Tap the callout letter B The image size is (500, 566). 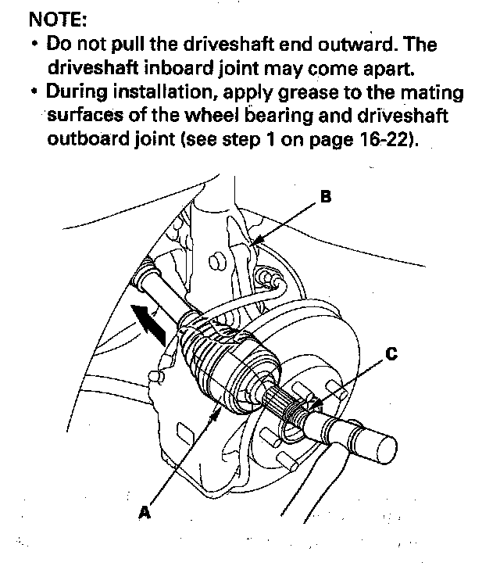coord(324,197)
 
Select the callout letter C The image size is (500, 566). coord(391,354)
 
